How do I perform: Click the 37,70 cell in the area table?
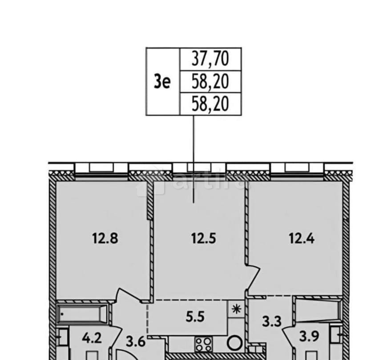point(210,58)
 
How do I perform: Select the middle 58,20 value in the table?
point(210,81)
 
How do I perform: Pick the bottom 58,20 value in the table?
point(210,104)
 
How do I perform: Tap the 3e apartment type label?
point(162,81)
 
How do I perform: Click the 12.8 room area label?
point(102,239)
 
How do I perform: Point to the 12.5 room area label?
point(203,239)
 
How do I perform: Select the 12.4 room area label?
point(302,239)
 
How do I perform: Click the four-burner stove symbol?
point(204,344)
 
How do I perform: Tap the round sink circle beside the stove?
point(234,344)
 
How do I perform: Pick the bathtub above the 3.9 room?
point(319,310)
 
